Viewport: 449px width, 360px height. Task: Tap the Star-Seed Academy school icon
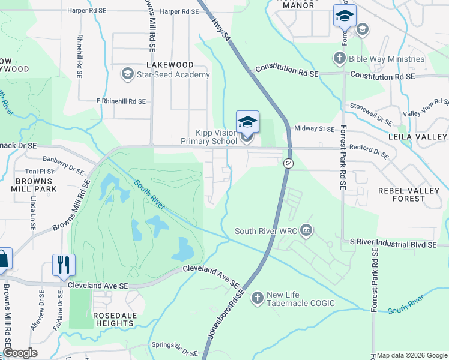tap(127, 74)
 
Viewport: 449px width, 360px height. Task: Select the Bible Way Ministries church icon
tap(340, 59)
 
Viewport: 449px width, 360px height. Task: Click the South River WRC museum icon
tap(306, 230)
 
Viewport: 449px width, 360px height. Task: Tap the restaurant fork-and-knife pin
tap(64, 264)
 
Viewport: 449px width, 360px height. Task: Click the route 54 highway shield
tap(289, 163)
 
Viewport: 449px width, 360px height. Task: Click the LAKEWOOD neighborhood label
tap(169, 65)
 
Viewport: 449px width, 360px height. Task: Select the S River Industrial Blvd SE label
tap(393, 245)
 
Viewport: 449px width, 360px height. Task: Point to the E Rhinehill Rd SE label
tap(121, 101)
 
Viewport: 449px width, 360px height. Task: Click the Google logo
tap(20, 353)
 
